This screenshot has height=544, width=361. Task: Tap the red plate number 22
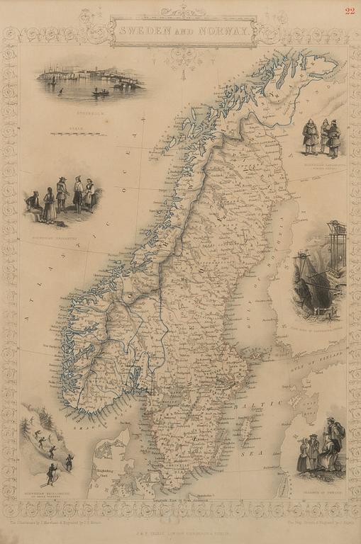[x=350, y=10]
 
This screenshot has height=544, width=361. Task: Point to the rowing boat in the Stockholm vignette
[x=101, y=91]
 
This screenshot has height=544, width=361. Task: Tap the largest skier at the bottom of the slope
[x=51, y=472]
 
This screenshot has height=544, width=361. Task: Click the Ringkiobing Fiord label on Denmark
[x=106, y=464]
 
